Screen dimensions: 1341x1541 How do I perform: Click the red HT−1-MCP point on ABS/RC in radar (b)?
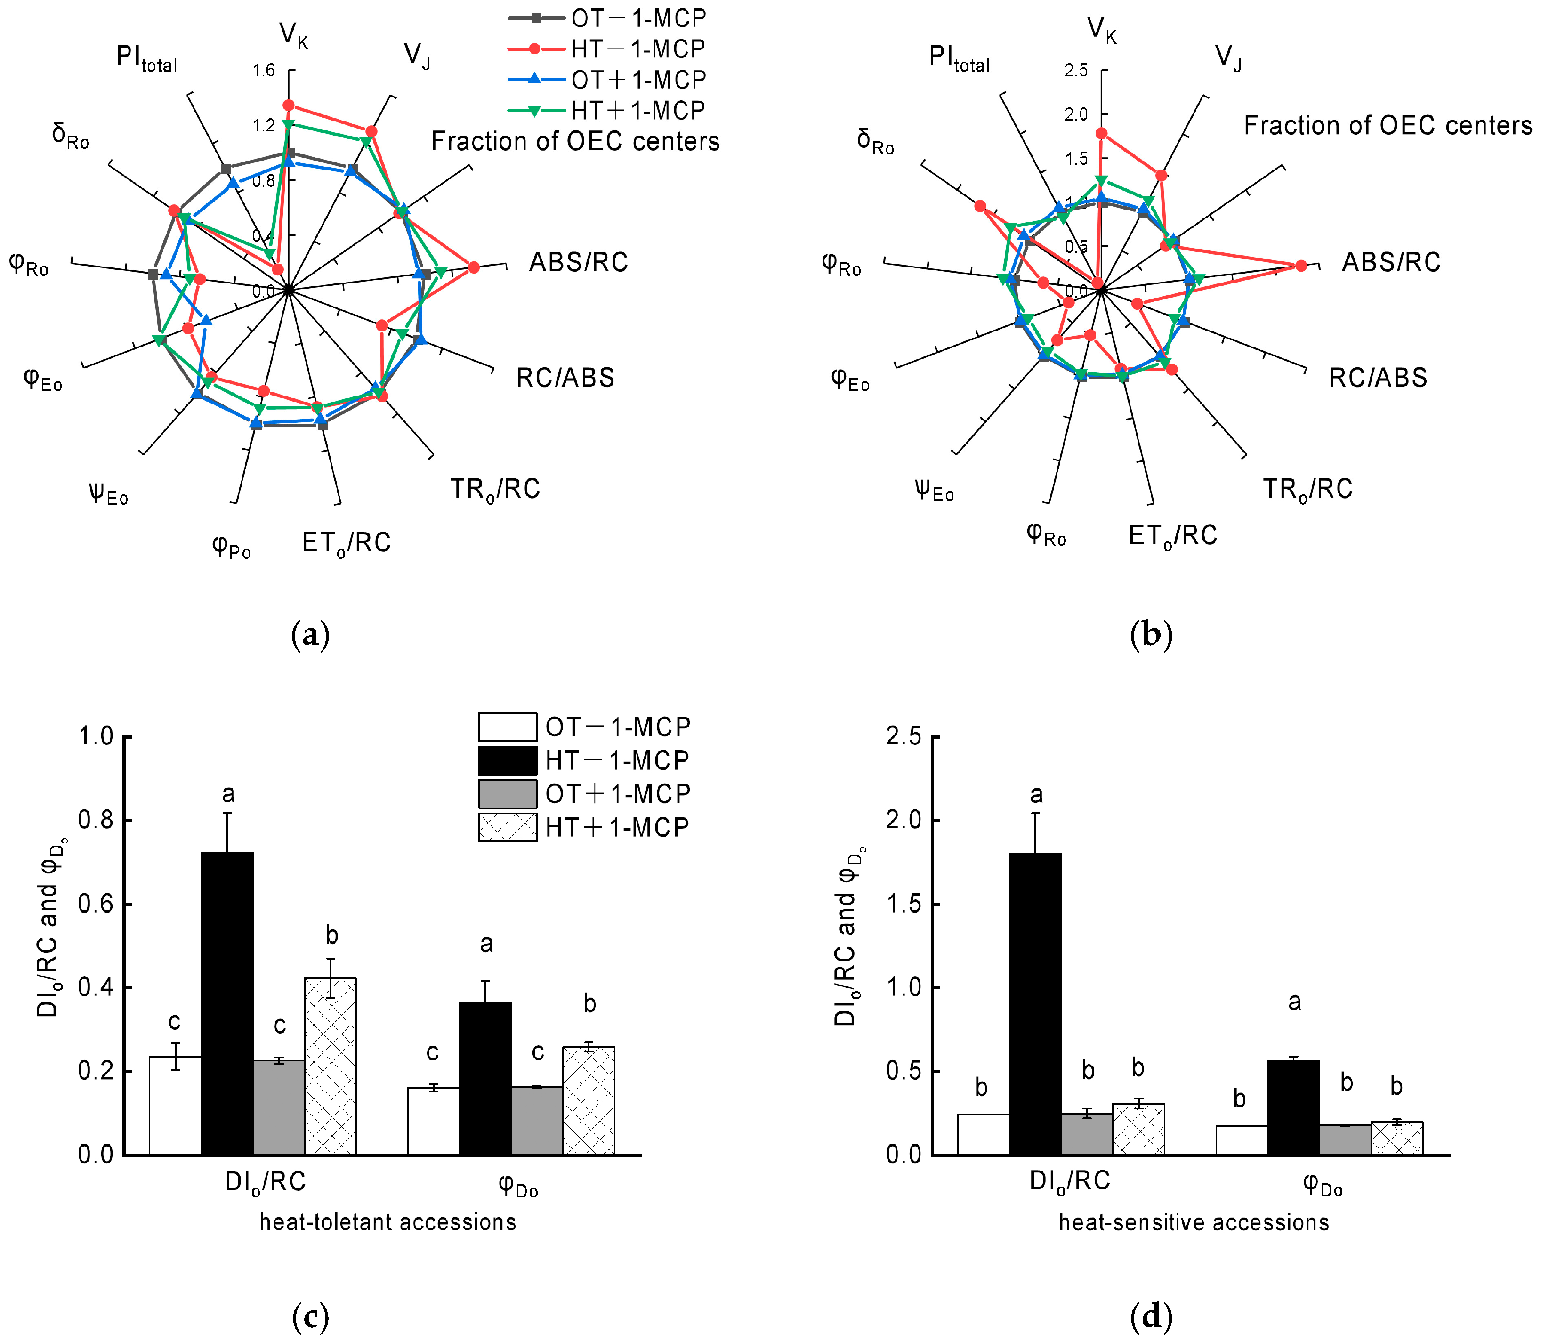tap(1301, 266)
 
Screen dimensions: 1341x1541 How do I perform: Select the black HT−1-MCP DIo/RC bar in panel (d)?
tap(1035, 1003)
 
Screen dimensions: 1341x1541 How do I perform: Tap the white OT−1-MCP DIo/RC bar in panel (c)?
tap(175, 1105)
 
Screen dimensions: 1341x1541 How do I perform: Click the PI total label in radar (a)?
tap(147, 58)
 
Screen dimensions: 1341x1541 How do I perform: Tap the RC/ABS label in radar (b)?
tap(1378, 378)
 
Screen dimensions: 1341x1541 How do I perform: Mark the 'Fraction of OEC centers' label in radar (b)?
tap(1388, 126)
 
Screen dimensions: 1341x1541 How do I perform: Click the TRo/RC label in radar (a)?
tap(495, 489)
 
